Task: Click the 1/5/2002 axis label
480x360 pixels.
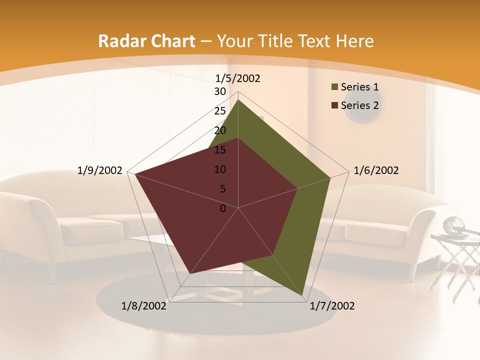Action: pos(238,78)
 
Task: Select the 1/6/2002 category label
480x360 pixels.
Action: pos(376,170)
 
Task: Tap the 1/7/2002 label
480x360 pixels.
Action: pos(332,306)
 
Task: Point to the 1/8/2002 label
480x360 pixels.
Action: pos(144,306)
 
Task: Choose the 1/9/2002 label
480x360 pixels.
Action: pos(100,170)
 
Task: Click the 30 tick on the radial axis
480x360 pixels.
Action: pos(220,91)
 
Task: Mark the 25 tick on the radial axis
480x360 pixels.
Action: pos(220,111)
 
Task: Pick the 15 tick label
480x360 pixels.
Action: pos(220,150)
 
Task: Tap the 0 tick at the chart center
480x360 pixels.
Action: pos(223,208)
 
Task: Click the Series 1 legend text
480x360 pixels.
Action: pos(359,87)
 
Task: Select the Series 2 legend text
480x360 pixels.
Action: pos(359,105)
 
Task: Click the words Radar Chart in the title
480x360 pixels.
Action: pos(146,41)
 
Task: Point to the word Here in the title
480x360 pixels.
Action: pos(355,41)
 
